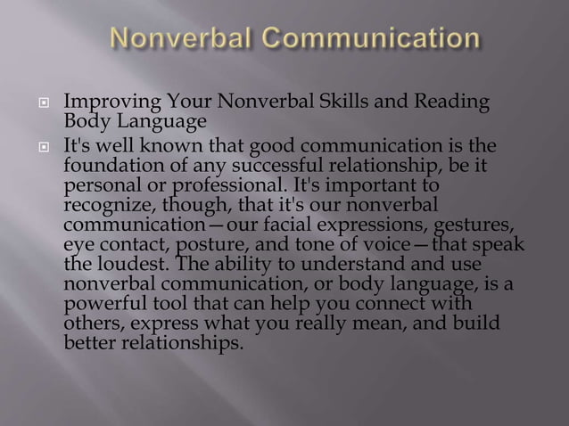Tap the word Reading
pos(455,103)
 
